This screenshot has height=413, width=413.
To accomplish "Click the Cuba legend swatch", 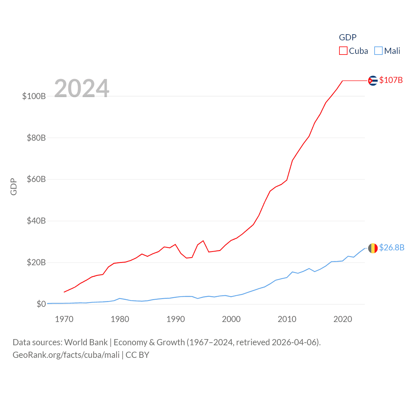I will tap(343, 51).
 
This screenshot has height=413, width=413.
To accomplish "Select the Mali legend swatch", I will tap(378, 51).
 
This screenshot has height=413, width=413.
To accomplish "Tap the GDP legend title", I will tap(348, 37).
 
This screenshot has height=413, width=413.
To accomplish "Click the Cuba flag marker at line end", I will tap(373, 80).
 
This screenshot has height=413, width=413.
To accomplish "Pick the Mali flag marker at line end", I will tap(373, 248).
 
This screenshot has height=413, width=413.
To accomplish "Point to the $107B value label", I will tap(391, 80).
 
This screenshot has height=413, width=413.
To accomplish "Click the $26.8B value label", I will tap(391, 247).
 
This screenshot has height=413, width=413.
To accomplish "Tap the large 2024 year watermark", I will tap(82, 88).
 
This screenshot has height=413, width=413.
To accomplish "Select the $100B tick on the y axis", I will tap(34, 96).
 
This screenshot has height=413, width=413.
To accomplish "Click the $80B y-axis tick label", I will tap(36, 138).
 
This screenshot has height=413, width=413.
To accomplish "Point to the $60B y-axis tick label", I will tap(36, 179).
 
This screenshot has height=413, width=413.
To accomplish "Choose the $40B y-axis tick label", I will tap(36, 221).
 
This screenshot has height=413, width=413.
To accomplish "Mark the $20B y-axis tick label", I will tap(36, 262).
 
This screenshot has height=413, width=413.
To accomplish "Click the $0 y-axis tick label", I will tap(41, 304).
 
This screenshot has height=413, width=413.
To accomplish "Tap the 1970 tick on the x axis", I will tap(64, 319).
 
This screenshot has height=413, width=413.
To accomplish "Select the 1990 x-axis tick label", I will tap(176, 319).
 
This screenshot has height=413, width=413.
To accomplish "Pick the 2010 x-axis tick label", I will tap(287, 319).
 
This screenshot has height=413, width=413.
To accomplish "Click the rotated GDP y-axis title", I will tap(14, 186).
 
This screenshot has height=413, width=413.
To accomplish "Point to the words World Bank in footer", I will tap(86, 342).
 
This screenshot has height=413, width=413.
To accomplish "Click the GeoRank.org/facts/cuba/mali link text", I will tap(66, 355).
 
